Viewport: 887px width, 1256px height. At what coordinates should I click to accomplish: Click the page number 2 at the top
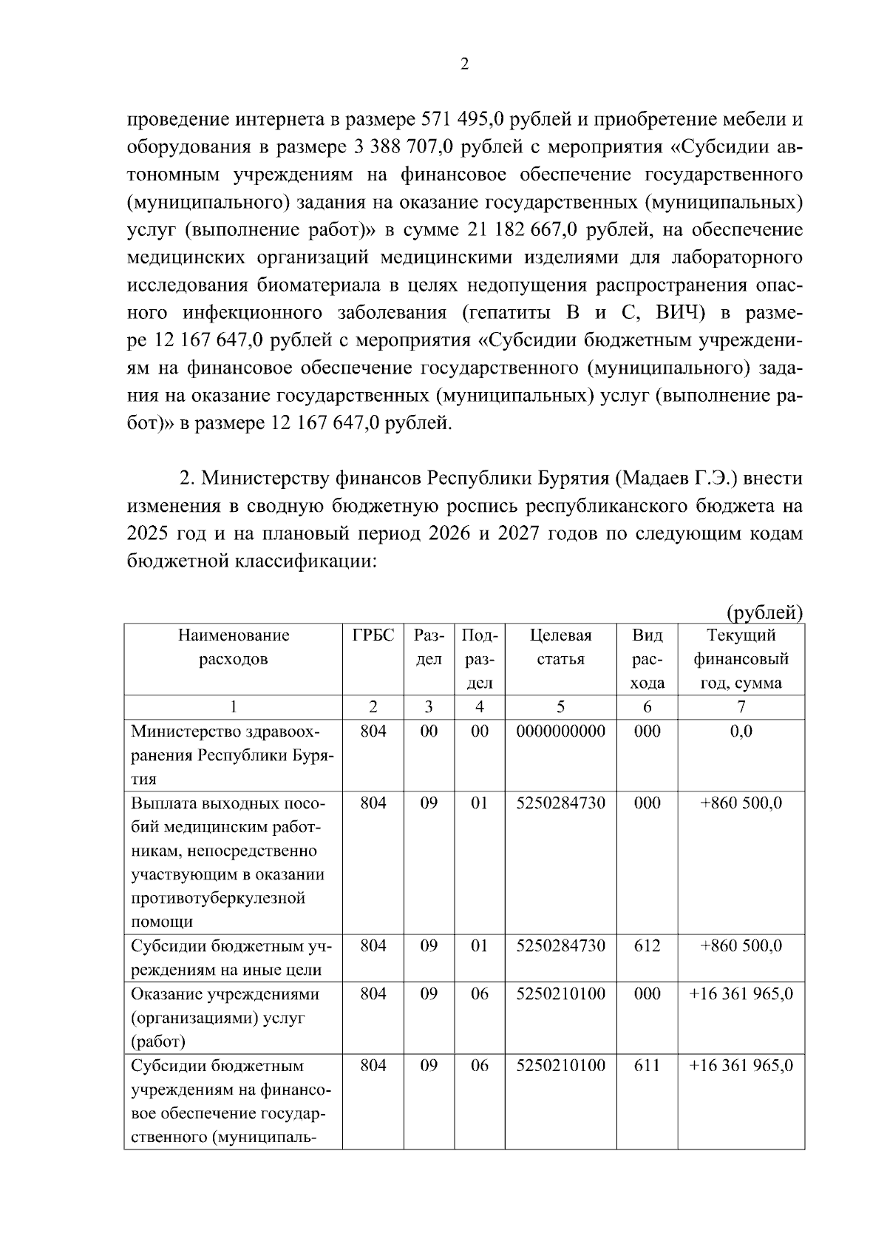point(464,64)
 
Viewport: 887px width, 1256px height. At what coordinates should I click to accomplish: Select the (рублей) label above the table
point(764,612)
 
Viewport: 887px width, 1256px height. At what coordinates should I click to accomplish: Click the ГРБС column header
point(373,635)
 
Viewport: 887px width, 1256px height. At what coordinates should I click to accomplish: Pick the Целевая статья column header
point(560,647)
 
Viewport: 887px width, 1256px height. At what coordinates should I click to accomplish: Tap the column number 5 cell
point(560,707)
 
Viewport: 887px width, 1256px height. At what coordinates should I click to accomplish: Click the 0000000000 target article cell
point(560,732)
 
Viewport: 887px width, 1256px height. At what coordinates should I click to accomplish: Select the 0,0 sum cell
point(741,732)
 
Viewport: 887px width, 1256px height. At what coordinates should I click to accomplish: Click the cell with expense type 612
point(647,946)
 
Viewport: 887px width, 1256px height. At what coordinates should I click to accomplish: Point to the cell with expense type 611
point(647,1066)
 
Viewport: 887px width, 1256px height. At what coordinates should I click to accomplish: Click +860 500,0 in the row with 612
point(741,946)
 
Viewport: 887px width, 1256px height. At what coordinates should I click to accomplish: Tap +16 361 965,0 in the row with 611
point(741,1066)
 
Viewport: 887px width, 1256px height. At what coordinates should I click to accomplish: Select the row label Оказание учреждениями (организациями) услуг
point(225,1018)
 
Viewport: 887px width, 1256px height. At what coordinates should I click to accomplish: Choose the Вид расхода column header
point(647,659)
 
